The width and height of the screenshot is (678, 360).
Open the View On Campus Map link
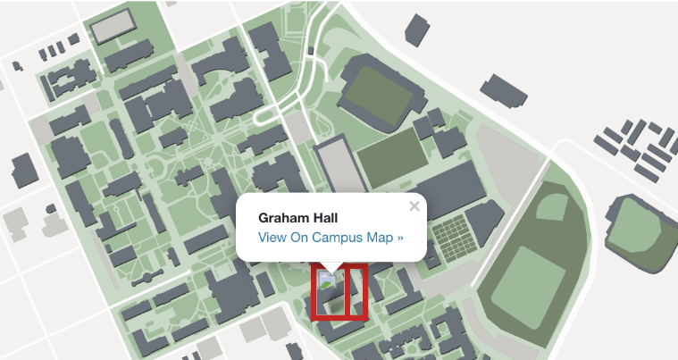[x=331, y=238]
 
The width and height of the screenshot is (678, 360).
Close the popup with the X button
[x=414, y=206]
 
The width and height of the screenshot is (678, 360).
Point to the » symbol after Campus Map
[x=400, y=239]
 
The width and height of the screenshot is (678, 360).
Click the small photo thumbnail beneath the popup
[x=327, y=280]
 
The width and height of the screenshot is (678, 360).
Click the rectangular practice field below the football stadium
[x=391, y=157]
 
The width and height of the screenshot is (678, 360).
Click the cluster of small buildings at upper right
[x=635, y=147]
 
